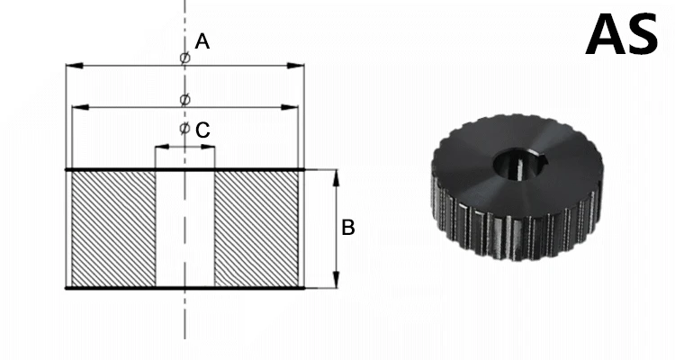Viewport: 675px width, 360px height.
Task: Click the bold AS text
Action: (622, 35)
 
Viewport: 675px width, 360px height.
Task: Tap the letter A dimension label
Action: (202, 41)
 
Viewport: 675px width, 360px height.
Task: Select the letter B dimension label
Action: (347, 229)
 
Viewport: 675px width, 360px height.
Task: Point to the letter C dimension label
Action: (202, 130)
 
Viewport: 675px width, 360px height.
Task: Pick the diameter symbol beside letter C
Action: (184, 130)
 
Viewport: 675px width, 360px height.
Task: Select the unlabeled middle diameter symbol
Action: (184, 99)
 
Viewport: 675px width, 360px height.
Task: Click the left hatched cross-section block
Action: (113, 229)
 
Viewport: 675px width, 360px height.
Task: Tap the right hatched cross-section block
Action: (256, 229)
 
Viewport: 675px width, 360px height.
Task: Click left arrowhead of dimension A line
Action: (71, 66)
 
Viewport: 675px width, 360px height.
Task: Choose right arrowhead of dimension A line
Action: (299, 66)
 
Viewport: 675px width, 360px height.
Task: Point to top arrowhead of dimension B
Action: (336, 175)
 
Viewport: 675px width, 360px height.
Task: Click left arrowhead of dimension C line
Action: (159, 146)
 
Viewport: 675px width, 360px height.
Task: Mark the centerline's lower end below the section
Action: (184, 333)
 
